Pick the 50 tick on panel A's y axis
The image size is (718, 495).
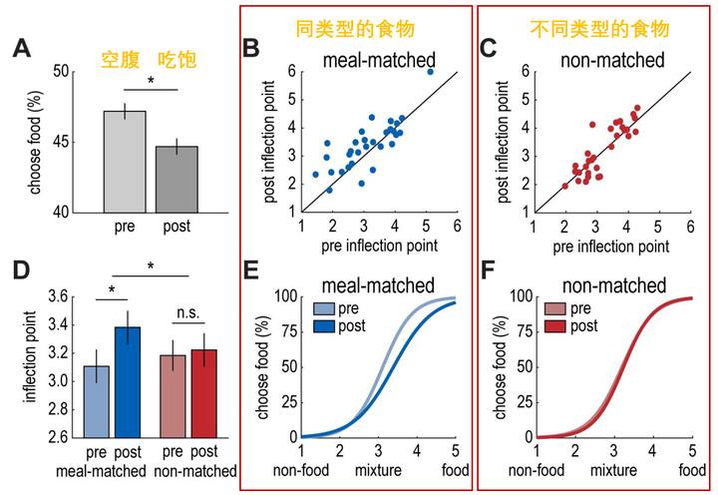click(x=88, y=72)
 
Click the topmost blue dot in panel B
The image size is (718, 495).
click(x=430, y=72)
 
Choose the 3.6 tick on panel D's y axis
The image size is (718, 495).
click(x=83, y=297)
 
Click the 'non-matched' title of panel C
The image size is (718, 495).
click(x=613, y=61)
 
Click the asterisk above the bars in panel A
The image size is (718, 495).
click(x=151, y=81)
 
